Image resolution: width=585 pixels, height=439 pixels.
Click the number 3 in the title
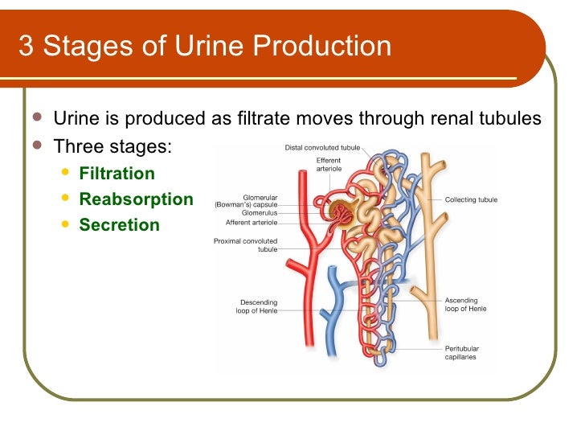pos(26,46)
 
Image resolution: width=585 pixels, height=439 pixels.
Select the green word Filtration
pos(117,174)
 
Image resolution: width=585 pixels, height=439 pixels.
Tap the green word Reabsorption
pos(136,199)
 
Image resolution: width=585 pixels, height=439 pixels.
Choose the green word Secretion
pos(119,225)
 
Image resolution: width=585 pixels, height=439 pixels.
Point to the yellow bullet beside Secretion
pos(66,224)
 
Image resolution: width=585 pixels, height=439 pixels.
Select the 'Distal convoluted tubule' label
pos(322,148)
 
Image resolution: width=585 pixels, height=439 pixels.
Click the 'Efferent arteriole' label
pos(328,165)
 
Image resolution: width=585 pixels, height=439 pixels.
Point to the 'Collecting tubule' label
pos(471,199)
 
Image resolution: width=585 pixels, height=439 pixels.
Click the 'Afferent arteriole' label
pos(252,223)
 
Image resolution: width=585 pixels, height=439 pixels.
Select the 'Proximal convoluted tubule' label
pos(246,245)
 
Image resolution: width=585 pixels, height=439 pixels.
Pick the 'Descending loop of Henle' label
pos(257,306)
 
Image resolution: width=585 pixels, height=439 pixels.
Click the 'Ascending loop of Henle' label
pos(465,305)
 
